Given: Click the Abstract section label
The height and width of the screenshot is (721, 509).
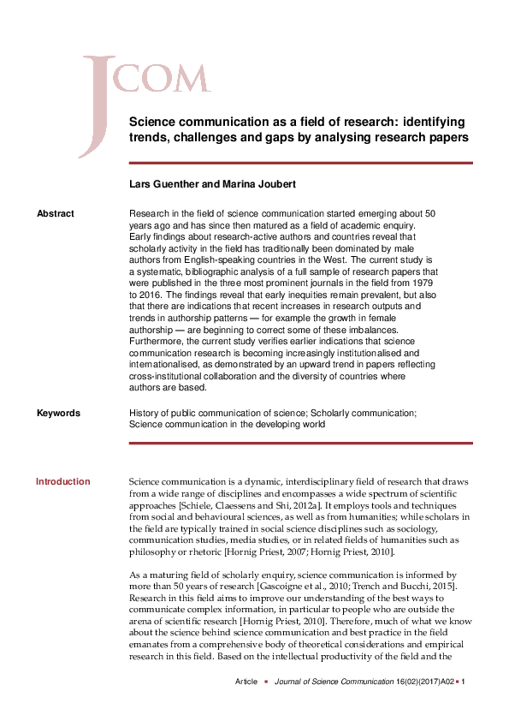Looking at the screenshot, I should pyautogui.click(x=55, y=213).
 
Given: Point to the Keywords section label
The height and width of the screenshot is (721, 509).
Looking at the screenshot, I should pyautogui.click(x=58, y=413).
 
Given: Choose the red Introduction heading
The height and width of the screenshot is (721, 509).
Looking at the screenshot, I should pyautogui.click(x=62, y=481).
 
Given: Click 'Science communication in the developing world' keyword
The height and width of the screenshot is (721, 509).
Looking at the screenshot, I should pyautogui.click(x=227, y=424).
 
